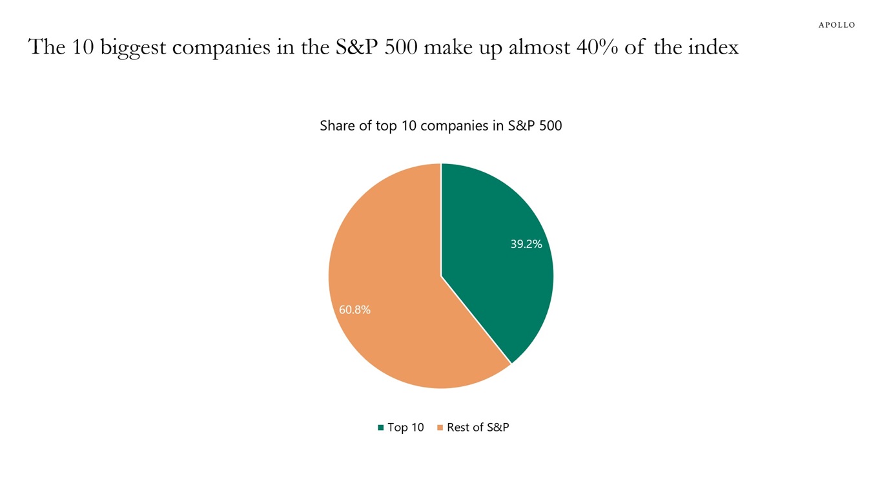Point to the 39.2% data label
[526, 244]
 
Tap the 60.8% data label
[354, 310]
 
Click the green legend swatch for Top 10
[381, 428]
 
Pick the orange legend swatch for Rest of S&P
[440, 428]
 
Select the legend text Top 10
[405, 428]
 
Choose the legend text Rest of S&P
[478, 428]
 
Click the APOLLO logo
[836, 25]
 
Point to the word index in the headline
[713, 47]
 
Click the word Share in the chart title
[336, 126]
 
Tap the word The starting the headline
[46, 47]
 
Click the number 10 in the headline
[82, 47]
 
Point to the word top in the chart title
[386, 127]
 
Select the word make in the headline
[447, 47]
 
